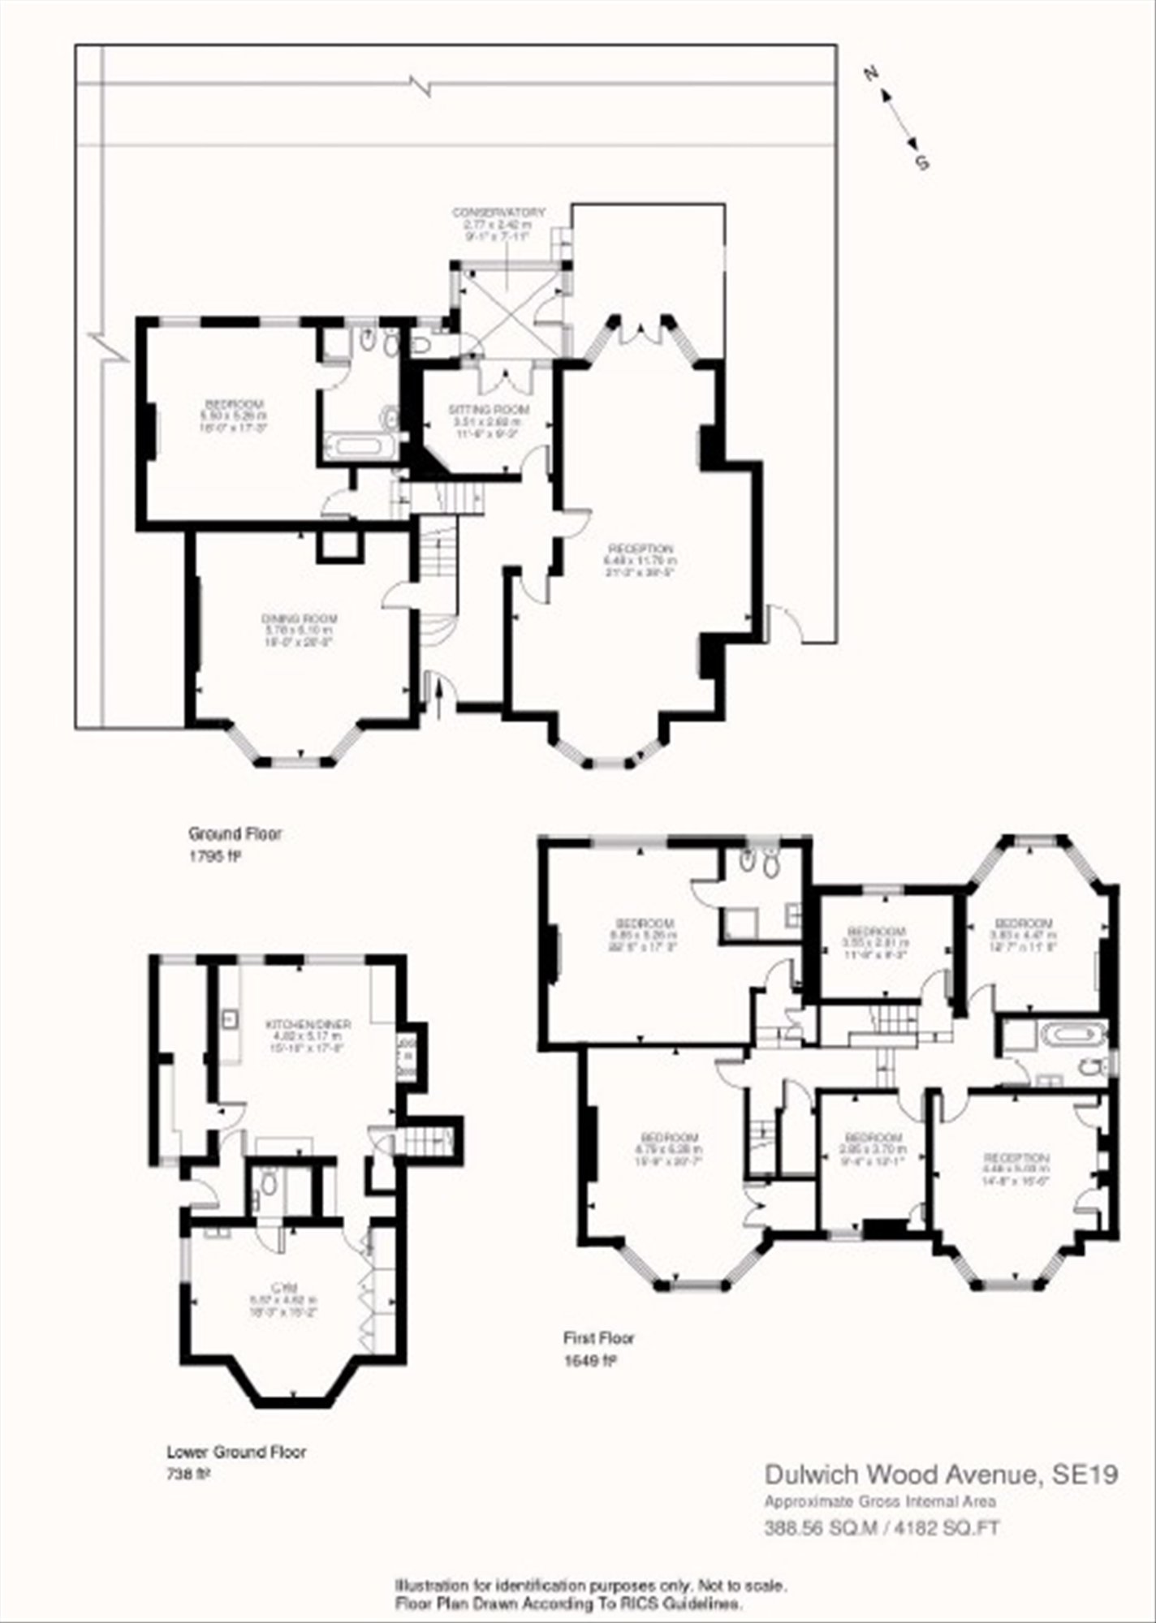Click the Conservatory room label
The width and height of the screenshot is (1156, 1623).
point(498,213)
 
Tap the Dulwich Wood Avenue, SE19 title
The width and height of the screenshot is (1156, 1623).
point(942,1474)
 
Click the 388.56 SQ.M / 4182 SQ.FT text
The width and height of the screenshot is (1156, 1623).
point(882,1529)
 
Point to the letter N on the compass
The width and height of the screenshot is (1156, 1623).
point(872,74)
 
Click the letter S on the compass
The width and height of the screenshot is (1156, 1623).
point(922,163)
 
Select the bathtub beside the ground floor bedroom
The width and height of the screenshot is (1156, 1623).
point(357,445)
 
